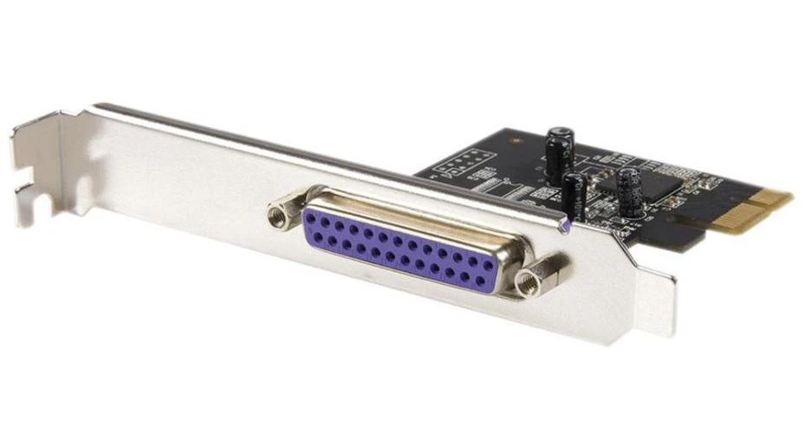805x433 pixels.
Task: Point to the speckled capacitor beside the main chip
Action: point(630,192)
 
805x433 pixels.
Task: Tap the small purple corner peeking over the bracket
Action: point(566,226)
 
